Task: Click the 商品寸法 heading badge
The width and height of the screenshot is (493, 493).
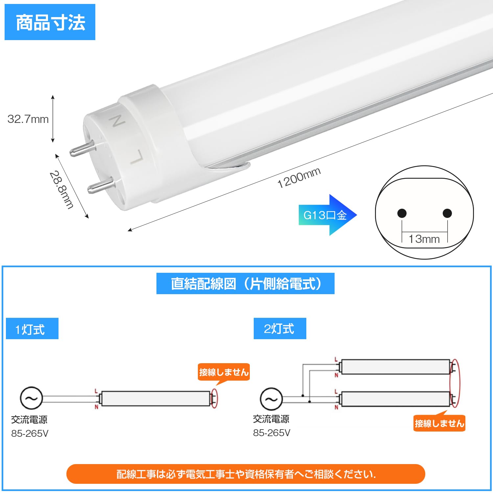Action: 50,22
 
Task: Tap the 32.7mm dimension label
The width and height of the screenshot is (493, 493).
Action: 28,119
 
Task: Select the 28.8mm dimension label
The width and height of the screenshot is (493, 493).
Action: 61,190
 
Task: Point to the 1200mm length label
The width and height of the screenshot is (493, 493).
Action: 299,178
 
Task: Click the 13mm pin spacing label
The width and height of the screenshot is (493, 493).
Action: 424,239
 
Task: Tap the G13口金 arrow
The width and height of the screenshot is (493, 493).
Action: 327,215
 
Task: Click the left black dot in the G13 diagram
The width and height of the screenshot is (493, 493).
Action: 402,213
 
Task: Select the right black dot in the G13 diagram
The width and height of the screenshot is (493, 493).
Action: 447,213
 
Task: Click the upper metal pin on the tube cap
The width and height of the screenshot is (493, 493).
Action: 82,149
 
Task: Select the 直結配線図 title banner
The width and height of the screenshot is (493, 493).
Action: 245,284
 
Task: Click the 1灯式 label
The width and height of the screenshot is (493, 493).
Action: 32,329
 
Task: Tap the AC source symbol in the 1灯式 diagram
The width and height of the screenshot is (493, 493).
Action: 32,398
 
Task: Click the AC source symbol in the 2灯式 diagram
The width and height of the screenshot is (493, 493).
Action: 271,399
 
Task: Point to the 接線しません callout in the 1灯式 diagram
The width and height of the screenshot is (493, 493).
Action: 223,372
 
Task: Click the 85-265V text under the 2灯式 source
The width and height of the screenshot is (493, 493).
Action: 271,433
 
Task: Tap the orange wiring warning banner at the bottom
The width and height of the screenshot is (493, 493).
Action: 246,474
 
